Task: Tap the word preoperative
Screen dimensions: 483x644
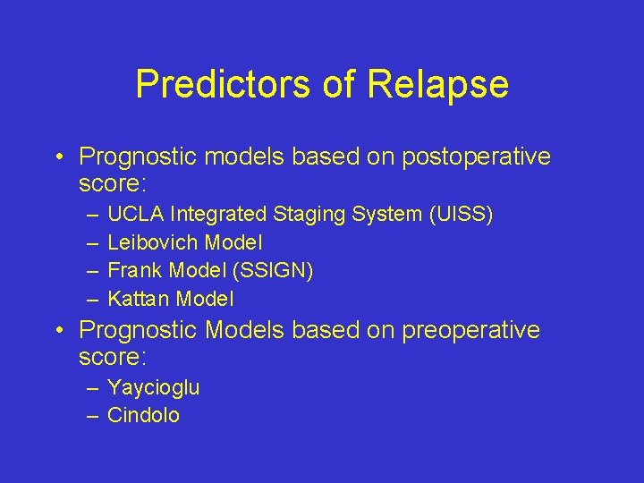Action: pyautogui.click(x=471, y=330)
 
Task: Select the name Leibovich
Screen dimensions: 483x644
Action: pyautogui.click(x=153, y=242)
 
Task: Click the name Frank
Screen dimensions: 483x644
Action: pyautogui.click(x=132, y=270)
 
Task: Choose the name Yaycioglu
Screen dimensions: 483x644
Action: pyautogui.click(x=153, y=388)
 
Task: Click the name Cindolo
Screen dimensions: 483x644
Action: pyautogui.click(x=143, y=416)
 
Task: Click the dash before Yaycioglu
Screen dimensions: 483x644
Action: pyautogui.click(x=94, y=388)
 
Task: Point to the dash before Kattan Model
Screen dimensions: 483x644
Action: pyautogui.click(x=94, y=298)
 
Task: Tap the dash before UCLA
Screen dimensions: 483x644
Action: pyautogui.click(x=94, y=215)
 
